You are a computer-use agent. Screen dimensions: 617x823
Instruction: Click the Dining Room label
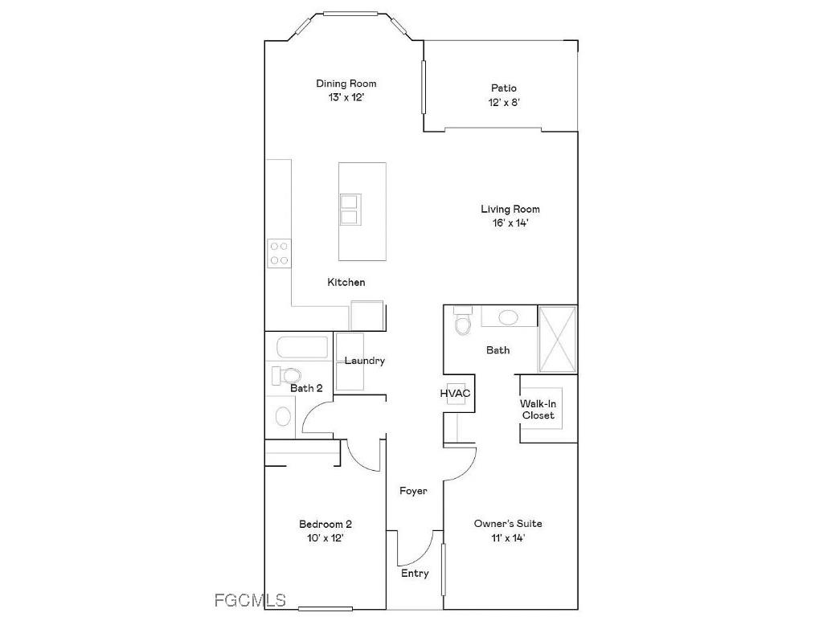coord(346,84)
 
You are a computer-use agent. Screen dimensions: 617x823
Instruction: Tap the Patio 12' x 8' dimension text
coord(504,103)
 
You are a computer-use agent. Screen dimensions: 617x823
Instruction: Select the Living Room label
coord(510,210)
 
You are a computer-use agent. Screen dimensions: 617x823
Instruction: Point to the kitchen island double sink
coord(350,209)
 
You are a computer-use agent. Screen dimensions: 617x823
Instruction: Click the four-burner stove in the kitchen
coord(279,254)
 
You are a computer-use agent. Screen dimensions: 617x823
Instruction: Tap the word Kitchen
coord(346,283)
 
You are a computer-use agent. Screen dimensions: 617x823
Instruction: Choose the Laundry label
coord(365,362)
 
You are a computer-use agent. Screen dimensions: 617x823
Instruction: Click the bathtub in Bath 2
coord(302,349)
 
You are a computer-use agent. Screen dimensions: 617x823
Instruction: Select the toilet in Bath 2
coord(288,374)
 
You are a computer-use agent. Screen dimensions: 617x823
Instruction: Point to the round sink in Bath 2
coord(283,416)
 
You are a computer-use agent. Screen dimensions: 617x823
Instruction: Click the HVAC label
coord(455,394)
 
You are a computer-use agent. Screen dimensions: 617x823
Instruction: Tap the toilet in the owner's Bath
coord(462,323)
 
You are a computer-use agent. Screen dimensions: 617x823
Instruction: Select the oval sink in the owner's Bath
coord(508,317)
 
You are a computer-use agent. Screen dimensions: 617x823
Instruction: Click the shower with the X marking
coord(557,338)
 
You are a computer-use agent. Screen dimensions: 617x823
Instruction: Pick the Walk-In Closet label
coord(538,410)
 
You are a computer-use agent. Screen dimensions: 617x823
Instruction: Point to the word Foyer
coord(413,491)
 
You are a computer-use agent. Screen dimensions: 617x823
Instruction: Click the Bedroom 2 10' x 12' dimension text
coord(326,538)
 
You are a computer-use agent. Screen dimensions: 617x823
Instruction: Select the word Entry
coord(415,574)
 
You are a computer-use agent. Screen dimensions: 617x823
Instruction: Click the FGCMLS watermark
coord(251,600)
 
